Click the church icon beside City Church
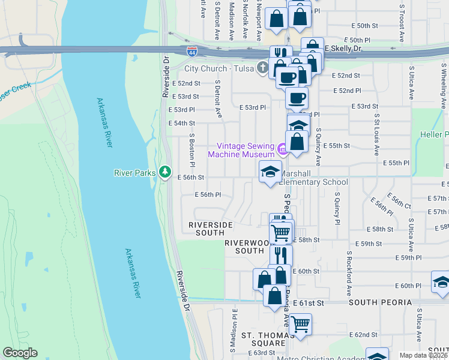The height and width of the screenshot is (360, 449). [262, 68]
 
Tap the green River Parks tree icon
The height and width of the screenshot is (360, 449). [166, 172]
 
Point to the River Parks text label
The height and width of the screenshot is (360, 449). [136, 173]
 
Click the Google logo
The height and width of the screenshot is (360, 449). [20, 353]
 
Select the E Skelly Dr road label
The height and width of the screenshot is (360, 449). [344, 48]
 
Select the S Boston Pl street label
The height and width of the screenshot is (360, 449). [192, 149]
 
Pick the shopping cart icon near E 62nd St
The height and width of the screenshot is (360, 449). [300, 323]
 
